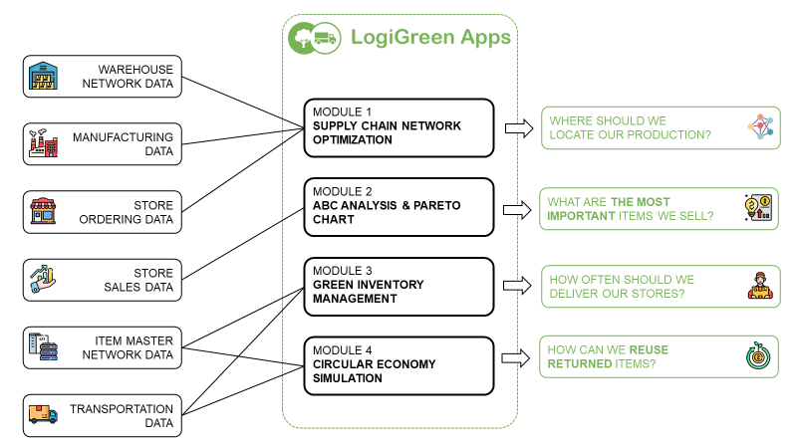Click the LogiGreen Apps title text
(430, 38)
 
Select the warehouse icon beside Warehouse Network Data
(44, 77)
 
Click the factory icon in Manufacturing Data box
(44, 144)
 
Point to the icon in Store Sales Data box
(44, 280)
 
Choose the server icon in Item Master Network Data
(44, 347)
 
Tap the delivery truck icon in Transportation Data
(44, 414)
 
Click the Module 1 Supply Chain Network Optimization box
(398, 127)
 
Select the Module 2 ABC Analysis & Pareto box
(398, 207)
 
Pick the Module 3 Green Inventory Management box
(398, 286)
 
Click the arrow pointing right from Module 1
(517, 127)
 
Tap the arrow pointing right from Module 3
(517, 286)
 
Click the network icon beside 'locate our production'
(759, 127)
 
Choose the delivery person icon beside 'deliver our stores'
(759, 286)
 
